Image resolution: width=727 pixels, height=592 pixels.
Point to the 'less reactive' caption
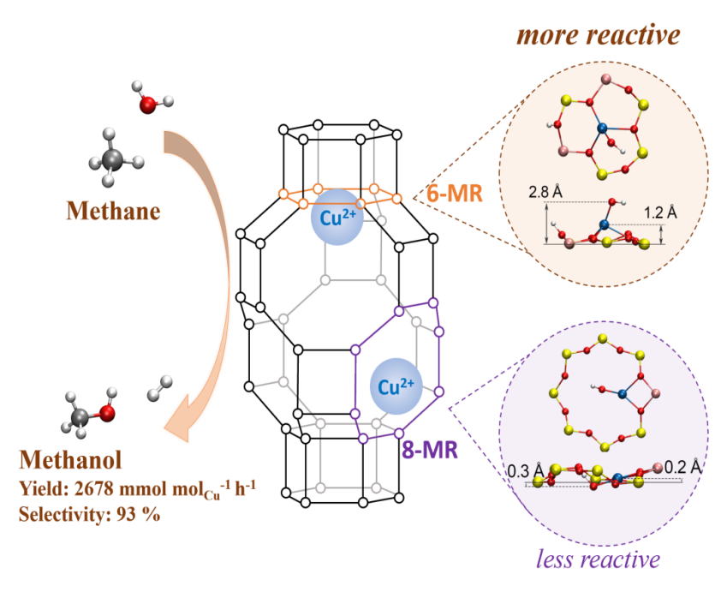tap(597, 559)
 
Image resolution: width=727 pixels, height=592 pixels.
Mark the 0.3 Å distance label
tap(523, 469)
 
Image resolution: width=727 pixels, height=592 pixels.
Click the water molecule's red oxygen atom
tap(146, 105)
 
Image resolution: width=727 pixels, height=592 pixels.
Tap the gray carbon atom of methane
tap(112, 156)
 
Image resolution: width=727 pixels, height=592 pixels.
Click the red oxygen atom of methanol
tap(107, 413)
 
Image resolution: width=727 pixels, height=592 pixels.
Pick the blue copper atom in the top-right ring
tap(602, 129)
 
